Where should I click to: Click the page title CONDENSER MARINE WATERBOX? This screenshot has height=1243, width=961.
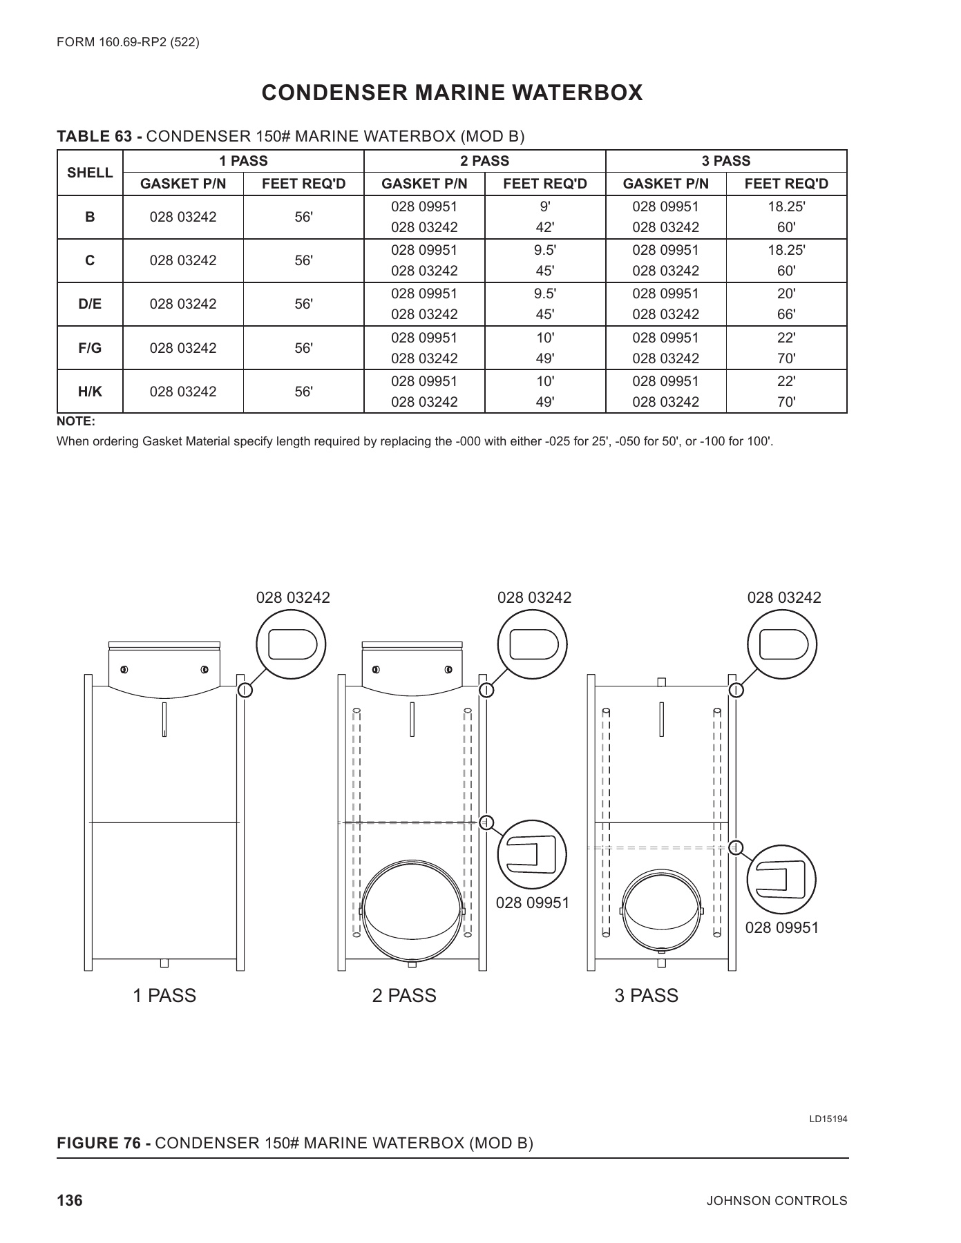pyautogui.click(x=453, y=93)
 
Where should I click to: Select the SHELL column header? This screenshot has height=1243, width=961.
pyautogui.click(x=90, y=173)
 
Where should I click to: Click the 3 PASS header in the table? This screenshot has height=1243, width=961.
pyautogui.click(x=725, y=161)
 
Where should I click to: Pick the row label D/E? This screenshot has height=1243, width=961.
pyautogui.click(x=90, y=304)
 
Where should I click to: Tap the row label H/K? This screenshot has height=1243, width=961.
pyautogui.click(x=90, y=392)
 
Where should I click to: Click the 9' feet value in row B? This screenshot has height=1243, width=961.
pyautogui.click(x=544, y=206)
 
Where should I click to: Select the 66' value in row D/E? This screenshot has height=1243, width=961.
pyautogui.click(x=786, y=314)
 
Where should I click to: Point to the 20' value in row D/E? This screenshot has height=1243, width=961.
pyautogui.click(x=786, y=293)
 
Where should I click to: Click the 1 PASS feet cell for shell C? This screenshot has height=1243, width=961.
pyautogui.click(x=303, y=260)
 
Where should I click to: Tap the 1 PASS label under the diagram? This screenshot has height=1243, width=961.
pyautogui.click(x=164, y=996)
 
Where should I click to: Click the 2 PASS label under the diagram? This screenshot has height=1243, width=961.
pyautogui.click(x=404, y=996)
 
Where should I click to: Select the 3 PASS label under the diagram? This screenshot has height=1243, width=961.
pyautogui.click(x=646, y=996)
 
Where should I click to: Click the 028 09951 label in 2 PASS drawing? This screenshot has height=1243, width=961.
pyautogui.click(x=533, y=903)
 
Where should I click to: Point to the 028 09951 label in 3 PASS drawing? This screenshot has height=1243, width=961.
pyautogui.click(x=781, y=927)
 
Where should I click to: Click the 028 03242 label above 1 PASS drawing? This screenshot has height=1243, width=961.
pyautogui.click(x=293, y=597)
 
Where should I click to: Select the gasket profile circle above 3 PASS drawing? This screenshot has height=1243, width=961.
pyautogui.click(x=782, y=646)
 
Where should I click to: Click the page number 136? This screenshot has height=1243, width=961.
pyautogui.click(x=69, y=1200)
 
